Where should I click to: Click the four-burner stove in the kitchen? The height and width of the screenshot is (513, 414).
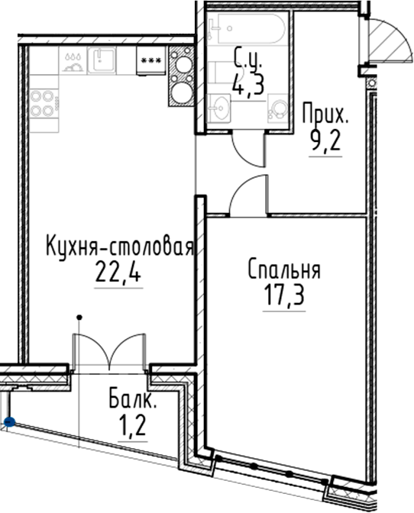pos(42,102)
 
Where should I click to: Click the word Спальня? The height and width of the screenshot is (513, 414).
pos(283,269)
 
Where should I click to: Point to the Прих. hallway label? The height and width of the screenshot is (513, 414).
pos(325,118)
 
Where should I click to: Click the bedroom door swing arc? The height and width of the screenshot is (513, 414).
pos(248,195)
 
